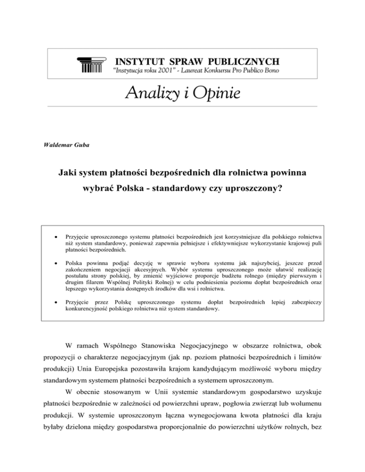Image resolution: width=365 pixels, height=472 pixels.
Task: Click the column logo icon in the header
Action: [x=90, y=65]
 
